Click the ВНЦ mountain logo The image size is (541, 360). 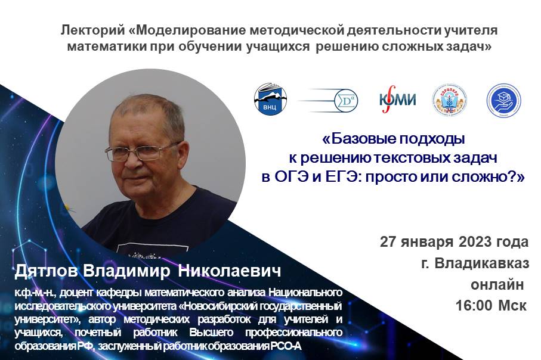270,99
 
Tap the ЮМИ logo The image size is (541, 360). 397,100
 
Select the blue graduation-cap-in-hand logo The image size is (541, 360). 503,100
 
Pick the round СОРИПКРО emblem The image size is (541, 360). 449,100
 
